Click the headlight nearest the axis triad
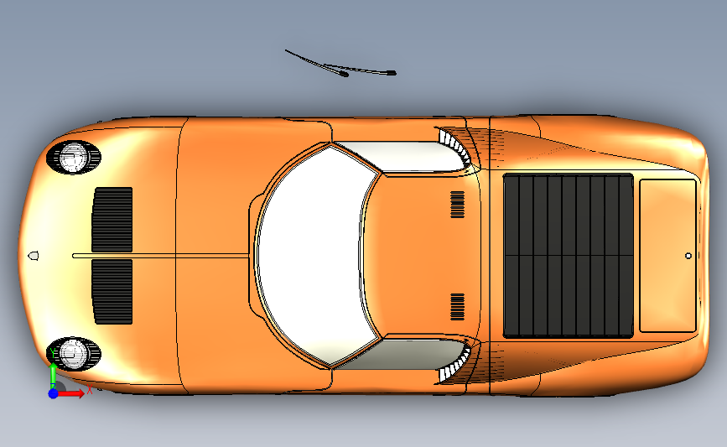(x=75, y=353)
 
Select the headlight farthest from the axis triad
(x=75, y=157)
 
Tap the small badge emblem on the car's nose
(x=34, y=254)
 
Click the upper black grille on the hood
(x=112, y=219)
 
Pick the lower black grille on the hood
(x=112, y=291)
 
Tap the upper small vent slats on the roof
(x=457, y=205)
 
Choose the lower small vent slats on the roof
(x=457, y=306)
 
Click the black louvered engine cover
(x=568, y=255)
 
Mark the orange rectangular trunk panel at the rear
(x=668, y=255)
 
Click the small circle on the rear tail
(x=688, y=255)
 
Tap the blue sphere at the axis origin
(x=53, y=392)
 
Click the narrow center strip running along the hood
(x=159, y=255)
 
